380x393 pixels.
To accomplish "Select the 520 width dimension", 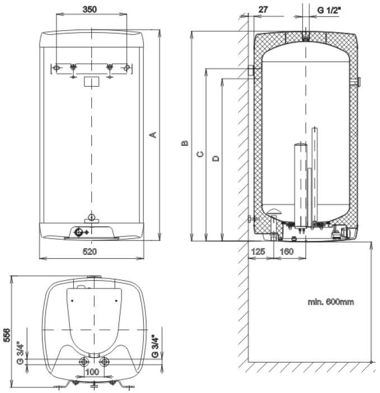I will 90,252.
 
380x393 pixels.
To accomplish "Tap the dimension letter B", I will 184,144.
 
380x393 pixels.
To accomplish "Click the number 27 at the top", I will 264,10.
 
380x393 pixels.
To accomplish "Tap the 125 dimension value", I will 257,252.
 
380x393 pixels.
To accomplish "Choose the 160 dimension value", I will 285,252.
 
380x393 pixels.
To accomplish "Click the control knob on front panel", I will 80,232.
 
